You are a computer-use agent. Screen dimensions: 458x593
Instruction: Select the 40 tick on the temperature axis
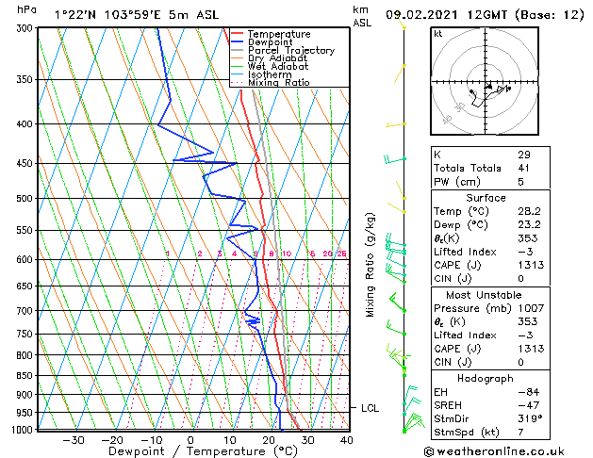pyautogui.click(x=347, y=439)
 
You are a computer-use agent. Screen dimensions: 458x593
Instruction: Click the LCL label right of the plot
pyautogui.click(x=371, y=408)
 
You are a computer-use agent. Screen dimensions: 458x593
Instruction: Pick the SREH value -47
pyautogui.click(x=526, y=405)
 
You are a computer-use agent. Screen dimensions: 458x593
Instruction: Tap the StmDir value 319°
pyautogui.click(x=528, y=418)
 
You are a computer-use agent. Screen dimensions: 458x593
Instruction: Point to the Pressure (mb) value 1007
pyautogui.click(x=530, y=308)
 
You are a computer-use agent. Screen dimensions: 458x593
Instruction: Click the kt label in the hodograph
pyautogui.click(x=438, y=34)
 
